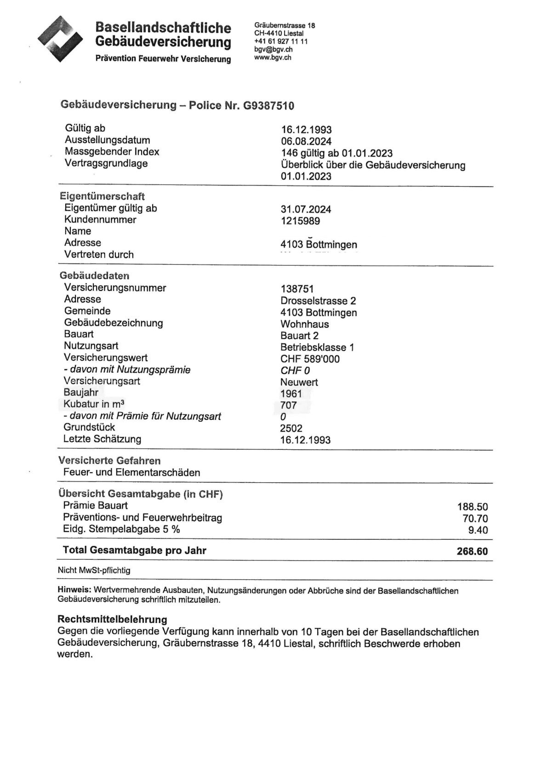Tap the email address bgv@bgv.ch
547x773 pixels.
click(273, 50)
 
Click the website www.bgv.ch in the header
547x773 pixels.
click(273, 57)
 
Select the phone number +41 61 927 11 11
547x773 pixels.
click(281, 41)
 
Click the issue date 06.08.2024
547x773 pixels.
click(306, 141)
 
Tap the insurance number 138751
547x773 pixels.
click(297, 289)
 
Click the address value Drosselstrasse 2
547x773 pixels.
click(318, 301)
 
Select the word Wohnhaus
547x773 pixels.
click(305, 324)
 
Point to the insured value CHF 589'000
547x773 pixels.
click(310, 359)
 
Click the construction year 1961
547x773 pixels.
click(291, 393)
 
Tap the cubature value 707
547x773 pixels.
click(289, 405)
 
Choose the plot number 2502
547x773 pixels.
click(291, 428)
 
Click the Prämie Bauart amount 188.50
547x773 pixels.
click(472, 507)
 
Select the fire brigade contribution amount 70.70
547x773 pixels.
click(475, 519)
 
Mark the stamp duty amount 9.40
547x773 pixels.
click(478, 530)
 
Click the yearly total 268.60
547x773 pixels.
click(472, 551)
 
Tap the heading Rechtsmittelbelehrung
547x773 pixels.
click(112, 619)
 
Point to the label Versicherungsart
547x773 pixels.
click(102, 381)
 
